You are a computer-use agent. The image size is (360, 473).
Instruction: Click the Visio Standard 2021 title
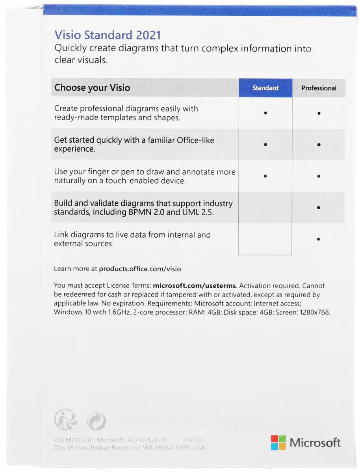click(x=108, y=35)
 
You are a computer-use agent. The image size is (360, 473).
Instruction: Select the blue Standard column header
click(x=265, y=88)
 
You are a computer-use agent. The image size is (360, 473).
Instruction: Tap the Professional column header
click(x=319, y=88)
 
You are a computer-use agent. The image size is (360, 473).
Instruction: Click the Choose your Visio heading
click(x=92, y=88)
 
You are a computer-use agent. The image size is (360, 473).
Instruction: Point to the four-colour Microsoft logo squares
click(x=278, y=443)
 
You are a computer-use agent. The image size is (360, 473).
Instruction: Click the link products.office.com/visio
click(x=140, y=269)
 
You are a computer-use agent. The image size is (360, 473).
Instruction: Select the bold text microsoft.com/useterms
click(x=194, y=286)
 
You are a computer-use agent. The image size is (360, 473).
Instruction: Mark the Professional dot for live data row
click(x=318, y=239)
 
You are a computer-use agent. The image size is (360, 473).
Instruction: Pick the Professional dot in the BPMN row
click(x=318, y=207)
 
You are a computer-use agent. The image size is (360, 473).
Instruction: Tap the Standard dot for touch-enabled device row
click(x=265, y=176)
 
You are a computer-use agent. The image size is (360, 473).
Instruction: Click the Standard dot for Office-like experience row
click(x=265, y=144)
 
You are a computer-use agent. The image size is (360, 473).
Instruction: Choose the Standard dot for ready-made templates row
click(x=265, y=113)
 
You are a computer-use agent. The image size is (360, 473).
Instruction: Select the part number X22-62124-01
click(x=150, y=439)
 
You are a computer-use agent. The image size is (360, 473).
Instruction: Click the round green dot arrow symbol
click(x=96, y=420)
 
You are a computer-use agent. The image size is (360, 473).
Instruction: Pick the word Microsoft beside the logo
click(x=315, y=443)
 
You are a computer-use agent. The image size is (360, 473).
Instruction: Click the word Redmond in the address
click(x=127, y=448)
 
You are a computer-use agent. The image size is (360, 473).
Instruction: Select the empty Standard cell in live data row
click(x=265, y=239)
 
